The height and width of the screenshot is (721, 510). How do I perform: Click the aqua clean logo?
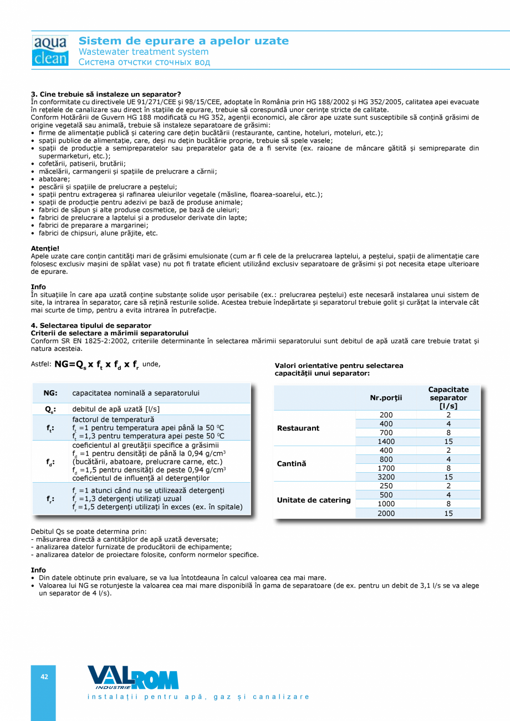(x=50, y=50)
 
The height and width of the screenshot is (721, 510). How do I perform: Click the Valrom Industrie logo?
(x=132, y=677)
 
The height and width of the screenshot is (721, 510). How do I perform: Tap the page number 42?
(x=44, y=677)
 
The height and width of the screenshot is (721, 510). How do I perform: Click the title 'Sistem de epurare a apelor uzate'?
(x=183, y=41)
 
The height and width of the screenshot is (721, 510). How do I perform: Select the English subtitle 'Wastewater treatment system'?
(x=144, y=52)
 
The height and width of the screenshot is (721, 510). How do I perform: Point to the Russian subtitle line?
(x=144, y=62)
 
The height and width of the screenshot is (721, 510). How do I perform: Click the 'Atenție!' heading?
(x=45, y=249)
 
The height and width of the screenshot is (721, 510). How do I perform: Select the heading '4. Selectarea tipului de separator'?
(x=91, y=325)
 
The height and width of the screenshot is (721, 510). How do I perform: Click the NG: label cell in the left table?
(x=50, y=393)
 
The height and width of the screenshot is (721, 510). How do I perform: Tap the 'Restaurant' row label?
(x=298, y=428)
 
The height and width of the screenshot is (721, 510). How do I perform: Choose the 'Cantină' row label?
(x=292, y=464)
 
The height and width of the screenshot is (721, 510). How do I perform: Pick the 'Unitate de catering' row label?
(x=314, y=500)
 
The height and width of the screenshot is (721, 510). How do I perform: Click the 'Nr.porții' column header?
(x=386, y=398)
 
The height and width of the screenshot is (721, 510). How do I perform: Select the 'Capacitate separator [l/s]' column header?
(x=448, y=398)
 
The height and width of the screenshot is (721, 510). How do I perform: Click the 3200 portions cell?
(x=386, y=477)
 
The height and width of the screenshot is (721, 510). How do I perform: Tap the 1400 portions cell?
(x=386, y=442)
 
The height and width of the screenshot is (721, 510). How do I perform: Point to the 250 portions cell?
(x=386, y=486)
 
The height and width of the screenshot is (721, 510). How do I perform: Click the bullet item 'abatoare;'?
(x=54, y=179)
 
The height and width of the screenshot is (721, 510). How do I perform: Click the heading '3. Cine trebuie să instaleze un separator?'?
(x=106, y=94)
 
